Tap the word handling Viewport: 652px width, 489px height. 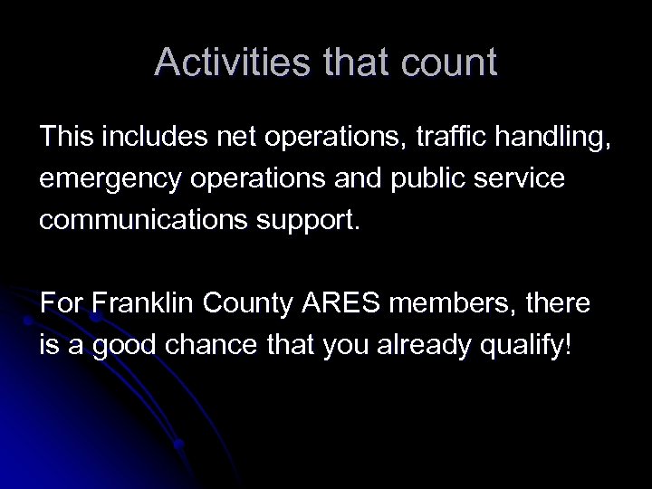(x=550, y=138)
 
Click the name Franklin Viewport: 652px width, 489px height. (x=139, y=305)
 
